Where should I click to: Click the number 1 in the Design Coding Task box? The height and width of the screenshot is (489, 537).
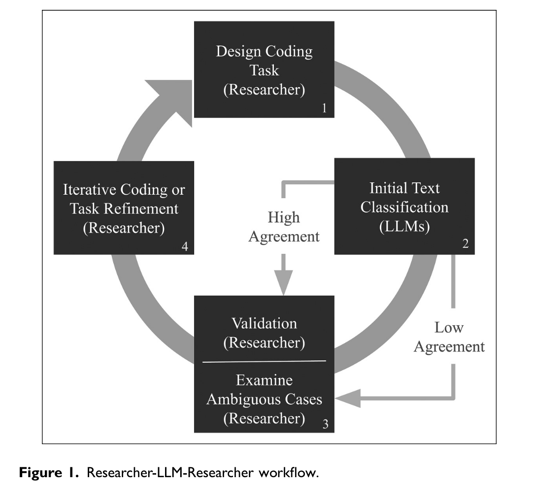[x=324, y=107]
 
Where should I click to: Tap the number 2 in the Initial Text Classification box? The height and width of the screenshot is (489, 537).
[x=465, y=244]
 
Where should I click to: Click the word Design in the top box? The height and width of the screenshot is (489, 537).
[x=238, y=52]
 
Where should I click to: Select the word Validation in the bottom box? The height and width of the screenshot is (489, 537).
[x=264, y=323]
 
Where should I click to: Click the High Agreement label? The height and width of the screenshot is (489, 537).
[x=284, y=227]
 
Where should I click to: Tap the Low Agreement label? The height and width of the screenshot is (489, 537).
[x=449, y=337]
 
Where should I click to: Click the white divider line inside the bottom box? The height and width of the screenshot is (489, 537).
[x=264, y=361]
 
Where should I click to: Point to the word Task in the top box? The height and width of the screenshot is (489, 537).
[x=264, y=70]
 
